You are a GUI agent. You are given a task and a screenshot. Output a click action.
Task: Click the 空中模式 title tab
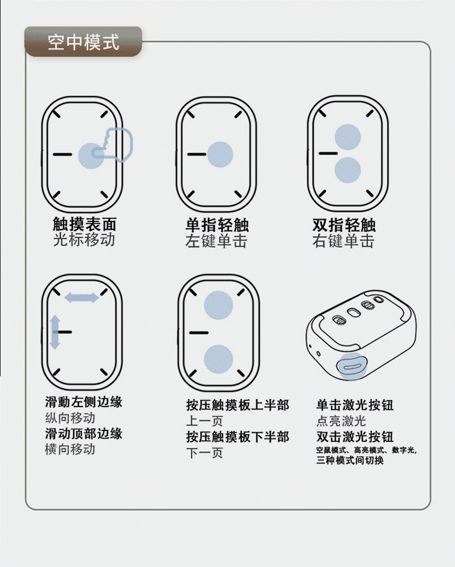click(x=83, y=42)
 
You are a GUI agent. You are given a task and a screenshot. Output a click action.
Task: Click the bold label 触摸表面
click(x=84, y=224)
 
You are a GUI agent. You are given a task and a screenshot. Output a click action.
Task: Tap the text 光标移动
click(x=84, y=240)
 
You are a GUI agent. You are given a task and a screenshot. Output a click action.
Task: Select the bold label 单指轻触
click(x=217, y=225)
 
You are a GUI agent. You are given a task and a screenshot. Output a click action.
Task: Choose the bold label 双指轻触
click(x=344, y=225)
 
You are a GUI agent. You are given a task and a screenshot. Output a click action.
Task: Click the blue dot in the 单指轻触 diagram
click(x=220, y=154)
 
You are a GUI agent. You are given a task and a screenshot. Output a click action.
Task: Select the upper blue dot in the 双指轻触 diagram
click(x=347, y=137)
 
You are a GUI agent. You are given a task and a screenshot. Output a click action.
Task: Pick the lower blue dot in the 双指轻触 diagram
click(x=347, y=170)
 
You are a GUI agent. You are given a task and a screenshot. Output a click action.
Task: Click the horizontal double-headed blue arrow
click(x=81, y=298)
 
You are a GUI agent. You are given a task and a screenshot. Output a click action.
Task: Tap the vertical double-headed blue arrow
click(x=55, y=332)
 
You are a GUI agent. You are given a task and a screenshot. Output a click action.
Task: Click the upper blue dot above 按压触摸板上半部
click(x=219, y=305)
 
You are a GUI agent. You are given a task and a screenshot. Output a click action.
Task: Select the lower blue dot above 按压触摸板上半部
click(x=219, y=359)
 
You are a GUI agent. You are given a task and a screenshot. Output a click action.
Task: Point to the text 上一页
click(x=204, y=421)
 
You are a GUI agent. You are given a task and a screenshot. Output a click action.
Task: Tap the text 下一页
click(x=204, y=453)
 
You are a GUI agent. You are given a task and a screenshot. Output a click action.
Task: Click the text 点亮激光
click(x=341, y=421)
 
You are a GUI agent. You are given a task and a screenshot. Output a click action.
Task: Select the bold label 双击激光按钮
click(x=355, y=437)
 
